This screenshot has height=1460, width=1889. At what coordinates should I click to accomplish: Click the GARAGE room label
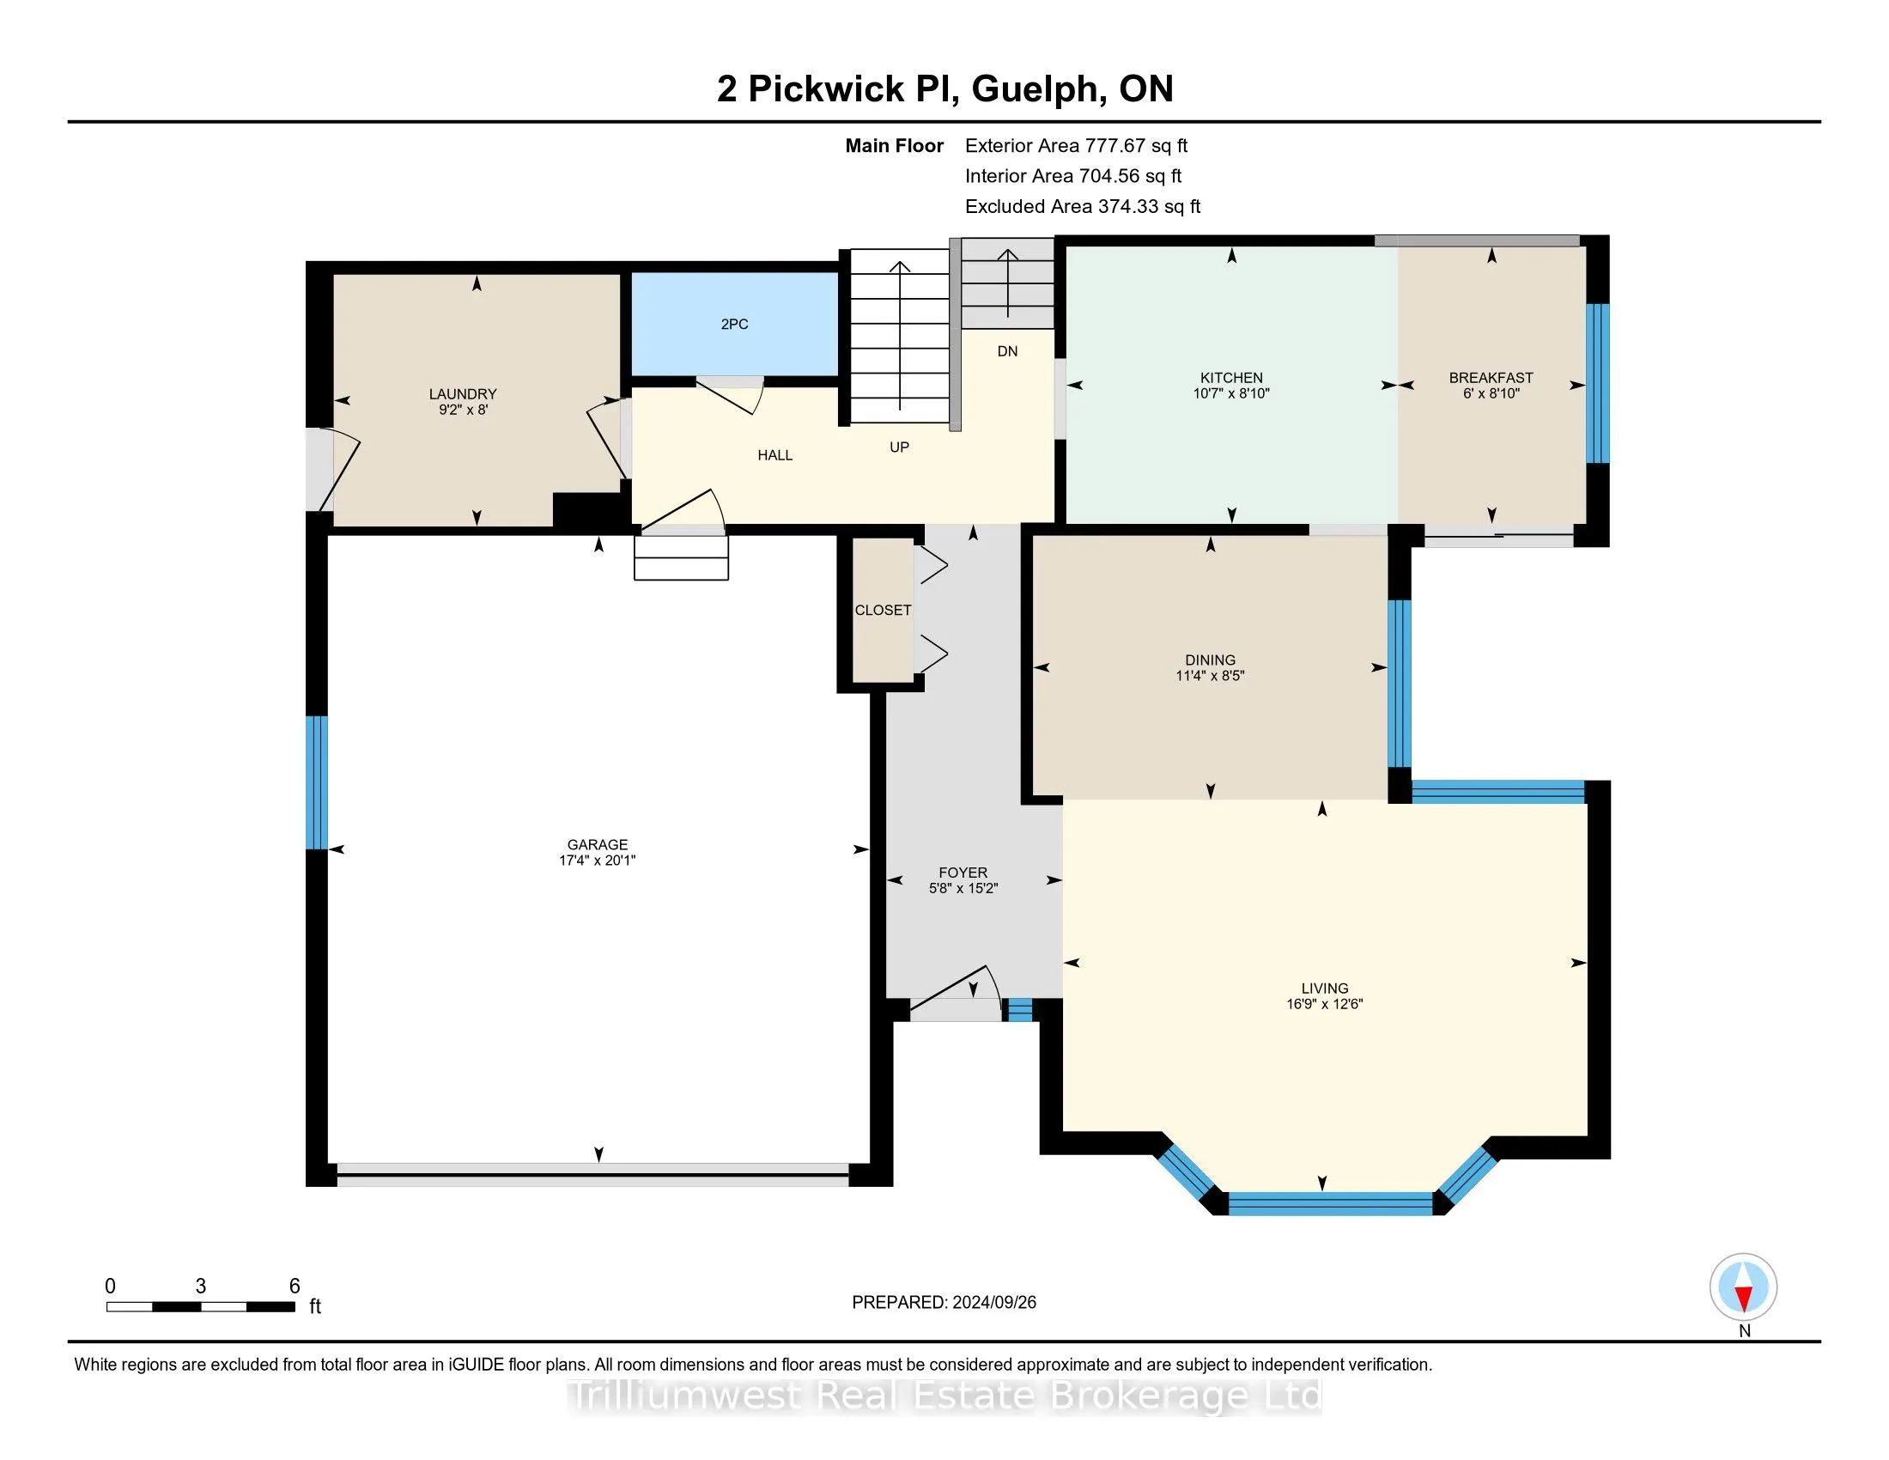click(597, 844)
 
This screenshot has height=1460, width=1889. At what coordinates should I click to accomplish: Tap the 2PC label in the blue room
click(734, 325)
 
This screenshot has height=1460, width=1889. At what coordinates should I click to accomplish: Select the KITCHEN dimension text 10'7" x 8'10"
click(1230, 393)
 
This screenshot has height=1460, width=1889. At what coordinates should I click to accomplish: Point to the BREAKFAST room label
click(1491, 378)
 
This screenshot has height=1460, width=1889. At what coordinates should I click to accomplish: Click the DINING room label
click(1210, 660)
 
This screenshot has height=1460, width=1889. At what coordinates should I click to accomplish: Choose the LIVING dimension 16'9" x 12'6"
click(1324, 1004)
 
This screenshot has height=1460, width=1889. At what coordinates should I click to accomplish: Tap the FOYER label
click(963, 873)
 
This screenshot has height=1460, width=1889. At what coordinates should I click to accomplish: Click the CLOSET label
click(882, 611)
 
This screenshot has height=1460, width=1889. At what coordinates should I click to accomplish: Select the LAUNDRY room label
click(463, 394)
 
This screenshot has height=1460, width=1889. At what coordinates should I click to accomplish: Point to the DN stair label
click(1007, 351)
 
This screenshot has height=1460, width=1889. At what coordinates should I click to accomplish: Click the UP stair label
click(899, 447)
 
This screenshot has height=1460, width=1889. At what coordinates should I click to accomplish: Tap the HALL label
click(775, 455)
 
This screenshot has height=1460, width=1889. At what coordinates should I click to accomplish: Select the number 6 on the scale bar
click(294, 1287)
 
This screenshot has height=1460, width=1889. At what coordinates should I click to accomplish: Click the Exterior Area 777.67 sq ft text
click(1076, 146)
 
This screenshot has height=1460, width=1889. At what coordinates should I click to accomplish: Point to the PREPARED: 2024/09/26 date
click(944, 1303)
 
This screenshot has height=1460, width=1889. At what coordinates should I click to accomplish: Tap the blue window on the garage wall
click(318, 782)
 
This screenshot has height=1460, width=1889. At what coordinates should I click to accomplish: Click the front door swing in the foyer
click(956, 990)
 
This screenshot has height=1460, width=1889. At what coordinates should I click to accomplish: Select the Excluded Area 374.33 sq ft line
click(1082, 207)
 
